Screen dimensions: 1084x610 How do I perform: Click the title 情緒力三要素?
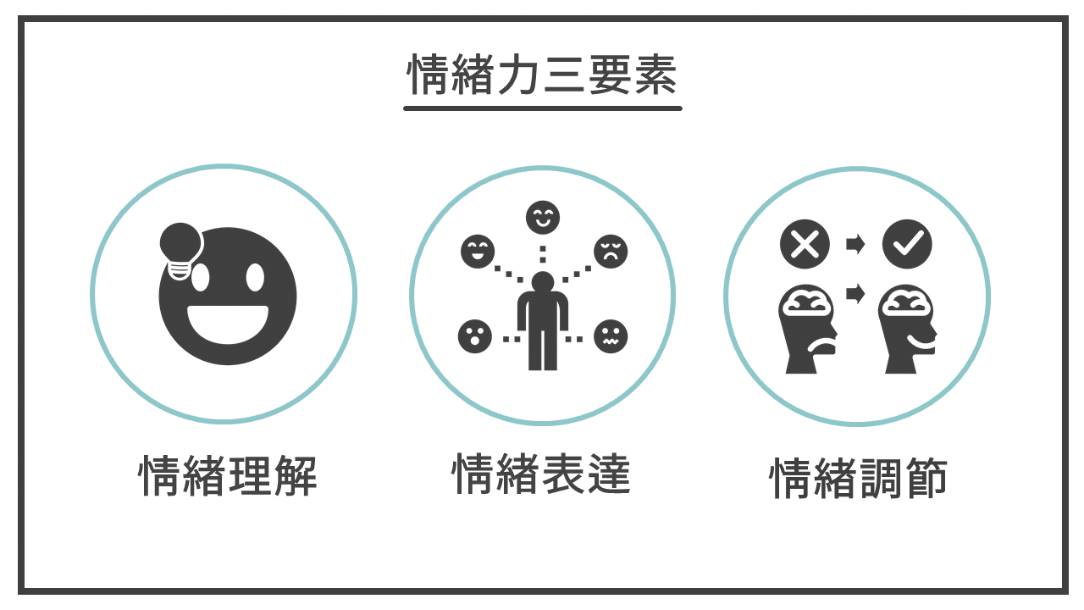tap(542, 75)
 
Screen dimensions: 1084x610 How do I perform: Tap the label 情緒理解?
tap(228, 475)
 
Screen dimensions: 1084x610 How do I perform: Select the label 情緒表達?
tap(541, 474)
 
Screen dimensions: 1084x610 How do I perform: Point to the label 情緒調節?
tap(858, 479)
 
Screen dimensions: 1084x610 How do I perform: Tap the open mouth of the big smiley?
tap(228, 324)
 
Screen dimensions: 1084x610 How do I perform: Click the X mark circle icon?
tap(805, 244)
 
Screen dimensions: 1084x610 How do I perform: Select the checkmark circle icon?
tap(907, 244)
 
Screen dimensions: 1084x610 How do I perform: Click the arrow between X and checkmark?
tap(855, 244)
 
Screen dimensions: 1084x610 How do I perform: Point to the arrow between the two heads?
tap(855, 293)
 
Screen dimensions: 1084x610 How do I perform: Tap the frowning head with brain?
tap(807, 328)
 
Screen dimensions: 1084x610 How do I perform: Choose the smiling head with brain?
tap(907, 328)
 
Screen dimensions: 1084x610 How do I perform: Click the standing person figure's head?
tap(543, 282)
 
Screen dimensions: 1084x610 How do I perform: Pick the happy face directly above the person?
tap(543, 218)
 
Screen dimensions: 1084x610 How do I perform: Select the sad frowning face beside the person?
tap(611, 252)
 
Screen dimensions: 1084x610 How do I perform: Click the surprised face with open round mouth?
tap(475, 336)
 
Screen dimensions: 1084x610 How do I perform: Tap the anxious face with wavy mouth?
tap(611, 336)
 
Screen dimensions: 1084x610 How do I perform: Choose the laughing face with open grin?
tap(478, 252)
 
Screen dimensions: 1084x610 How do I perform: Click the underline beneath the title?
tap(543, 108)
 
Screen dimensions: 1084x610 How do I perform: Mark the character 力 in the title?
tap(517, 75)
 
